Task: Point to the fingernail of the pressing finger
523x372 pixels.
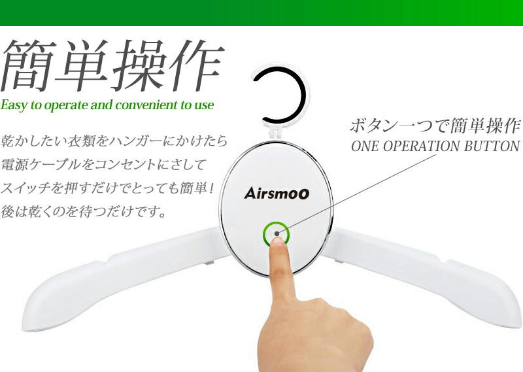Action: (278, 243)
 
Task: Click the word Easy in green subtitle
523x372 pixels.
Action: (14, 105)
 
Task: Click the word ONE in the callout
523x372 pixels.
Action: (365, 146)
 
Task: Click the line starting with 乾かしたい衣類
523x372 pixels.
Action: (114, 141)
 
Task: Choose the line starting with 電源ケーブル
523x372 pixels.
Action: (105, 165)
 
